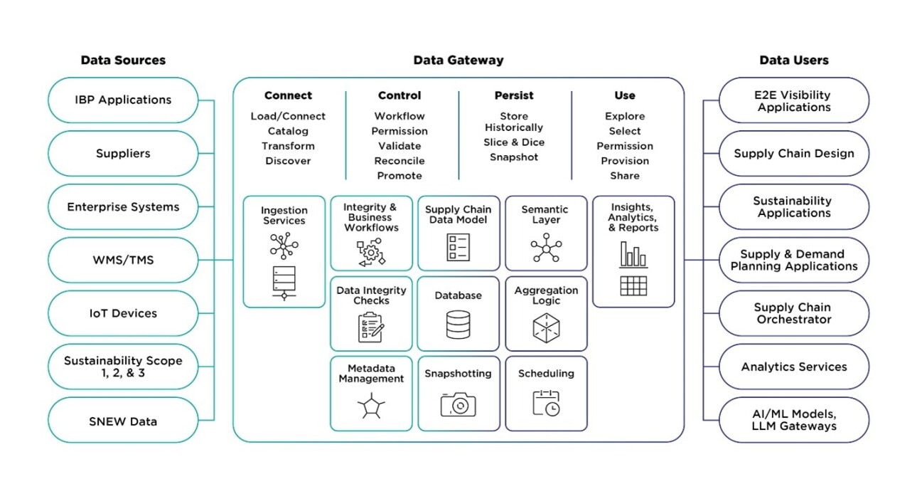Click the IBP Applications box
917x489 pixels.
(123, 100)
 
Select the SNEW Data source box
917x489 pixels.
(123, 421)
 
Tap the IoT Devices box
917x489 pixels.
(123, 313)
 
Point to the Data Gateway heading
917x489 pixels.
(458, 61)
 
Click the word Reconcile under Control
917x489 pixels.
(399, 161)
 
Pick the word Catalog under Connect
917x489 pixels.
(288, 131)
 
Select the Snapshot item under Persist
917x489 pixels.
(514, 157)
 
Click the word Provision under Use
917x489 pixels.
(625, 161)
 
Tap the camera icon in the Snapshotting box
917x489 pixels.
(458, 405)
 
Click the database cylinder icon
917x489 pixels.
(458, 325)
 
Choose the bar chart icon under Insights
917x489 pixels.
(633, 255)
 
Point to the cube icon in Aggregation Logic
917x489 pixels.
(546, 327)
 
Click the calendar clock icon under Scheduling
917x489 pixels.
(546, 404)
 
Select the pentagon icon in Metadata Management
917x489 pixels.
(371, 407)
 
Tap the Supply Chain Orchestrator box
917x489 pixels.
(794, 313)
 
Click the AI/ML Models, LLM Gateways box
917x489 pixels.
(794, 420)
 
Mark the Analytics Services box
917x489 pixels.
(794, 367)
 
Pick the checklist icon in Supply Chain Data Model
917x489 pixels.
(458, 247)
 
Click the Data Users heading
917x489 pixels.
(794, 61)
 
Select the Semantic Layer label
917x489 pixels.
(545, 215)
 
